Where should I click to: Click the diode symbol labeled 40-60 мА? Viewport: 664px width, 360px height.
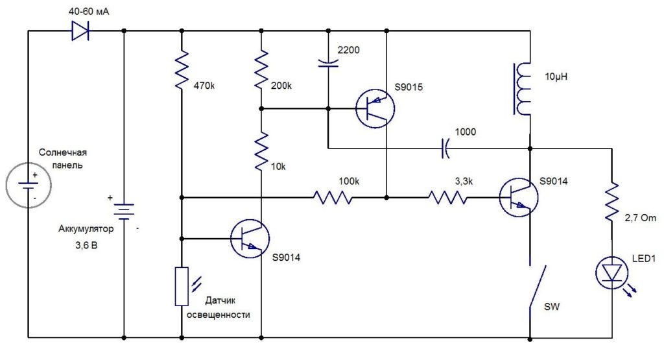(80, 31)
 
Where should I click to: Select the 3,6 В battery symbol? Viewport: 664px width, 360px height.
(124, 211)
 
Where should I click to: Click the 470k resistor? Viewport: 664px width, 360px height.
(182, 70)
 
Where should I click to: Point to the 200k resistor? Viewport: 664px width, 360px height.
(261, 70)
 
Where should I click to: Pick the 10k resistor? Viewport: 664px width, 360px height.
(261, 151)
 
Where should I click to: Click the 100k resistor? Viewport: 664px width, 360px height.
(333, 197)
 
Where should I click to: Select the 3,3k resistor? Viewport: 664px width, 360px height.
(447, 197)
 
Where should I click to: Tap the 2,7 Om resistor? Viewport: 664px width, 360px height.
(612, 202)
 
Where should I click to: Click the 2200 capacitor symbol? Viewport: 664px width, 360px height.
(328, 63)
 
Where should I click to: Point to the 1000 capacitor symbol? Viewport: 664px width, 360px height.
(445, 149)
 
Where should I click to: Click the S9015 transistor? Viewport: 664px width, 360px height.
(375, 108)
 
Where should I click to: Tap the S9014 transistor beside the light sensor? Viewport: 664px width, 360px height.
(250, 239)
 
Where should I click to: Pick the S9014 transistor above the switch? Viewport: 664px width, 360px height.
(518, 197)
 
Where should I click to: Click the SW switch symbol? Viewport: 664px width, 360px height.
(537, 287)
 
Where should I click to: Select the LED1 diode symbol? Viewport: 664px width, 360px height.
(612, 272)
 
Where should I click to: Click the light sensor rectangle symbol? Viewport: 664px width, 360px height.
(182, 286)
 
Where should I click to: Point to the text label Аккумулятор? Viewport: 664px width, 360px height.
(86, 229)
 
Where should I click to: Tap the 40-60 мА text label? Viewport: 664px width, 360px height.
(89, 12)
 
